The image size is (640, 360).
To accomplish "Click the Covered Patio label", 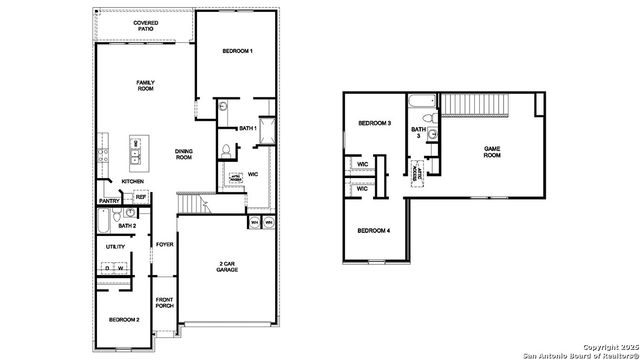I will point(145,25).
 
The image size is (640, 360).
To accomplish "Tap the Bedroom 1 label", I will point(238,51).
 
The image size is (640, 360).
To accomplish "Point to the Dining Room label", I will point(184,153).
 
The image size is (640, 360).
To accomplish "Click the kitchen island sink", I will point(134,153).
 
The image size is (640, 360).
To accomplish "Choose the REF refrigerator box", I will point(141,198).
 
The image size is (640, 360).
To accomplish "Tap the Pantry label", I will point(110,201).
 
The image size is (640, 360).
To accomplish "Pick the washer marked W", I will point(120,268).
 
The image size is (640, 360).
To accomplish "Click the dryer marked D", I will point(106,268).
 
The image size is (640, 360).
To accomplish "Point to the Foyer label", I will point(164,244).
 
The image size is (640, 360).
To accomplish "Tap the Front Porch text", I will point(164,303).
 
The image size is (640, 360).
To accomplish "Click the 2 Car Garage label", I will point(227,268).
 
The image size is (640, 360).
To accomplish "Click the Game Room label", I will point(491,151).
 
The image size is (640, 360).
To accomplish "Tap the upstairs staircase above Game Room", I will point(470,103).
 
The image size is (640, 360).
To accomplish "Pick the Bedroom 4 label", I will point(375,231).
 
